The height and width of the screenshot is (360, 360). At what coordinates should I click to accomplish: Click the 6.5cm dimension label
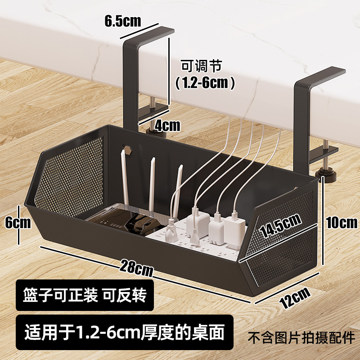click(x=123, y=21)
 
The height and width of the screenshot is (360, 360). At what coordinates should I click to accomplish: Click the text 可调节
click(x=201, y=66)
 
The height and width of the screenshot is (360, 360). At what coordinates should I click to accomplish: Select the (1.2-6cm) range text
click(x=205, y=82)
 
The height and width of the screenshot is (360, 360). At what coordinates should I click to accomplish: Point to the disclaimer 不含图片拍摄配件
click(x=301, y=337)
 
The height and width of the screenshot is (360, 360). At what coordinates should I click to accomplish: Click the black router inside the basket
click(x=115, y=221)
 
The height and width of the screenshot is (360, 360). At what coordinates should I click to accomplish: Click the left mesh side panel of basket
click(x=67, y=173)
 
